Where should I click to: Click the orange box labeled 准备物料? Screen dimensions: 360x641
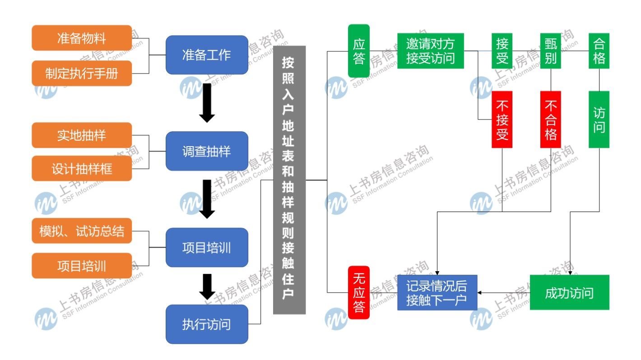point(82,38)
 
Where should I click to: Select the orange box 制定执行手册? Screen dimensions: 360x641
point(82,73)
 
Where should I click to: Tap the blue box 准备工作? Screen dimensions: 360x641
point(207,55)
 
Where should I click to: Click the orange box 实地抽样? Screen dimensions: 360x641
point(82,135)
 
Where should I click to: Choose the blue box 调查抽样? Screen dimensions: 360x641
point(207,151)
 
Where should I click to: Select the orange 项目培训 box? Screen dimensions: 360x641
point(82,266)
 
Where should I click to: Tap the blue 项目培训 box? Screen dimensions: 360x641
point(207,248)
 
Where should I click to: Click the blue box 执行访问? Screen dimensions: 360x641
point(207,324)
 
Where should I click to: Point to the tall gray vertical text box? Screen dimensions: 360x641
point(289,180)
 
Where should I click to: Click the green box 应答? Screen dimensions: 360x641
point(359,51)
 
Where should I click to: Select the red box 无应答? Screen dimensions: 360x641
point(359,292)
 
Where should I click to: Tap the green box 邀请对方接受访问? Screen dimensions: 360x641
point(430,51)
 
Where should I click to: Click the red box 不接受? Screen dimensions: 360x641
point(502,120)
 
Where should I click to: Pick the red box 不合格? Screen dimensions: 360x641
point(551,120)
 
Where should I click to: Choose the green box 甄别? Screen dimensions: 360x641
point(551,51)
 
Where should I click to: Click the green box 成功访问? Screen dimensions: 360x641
point(569,292)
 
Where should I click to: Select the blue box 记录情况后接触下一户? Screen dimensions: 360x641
point(437,292)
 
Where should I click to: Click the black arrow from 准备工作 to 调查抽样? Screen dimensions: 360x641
point(207,103)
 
